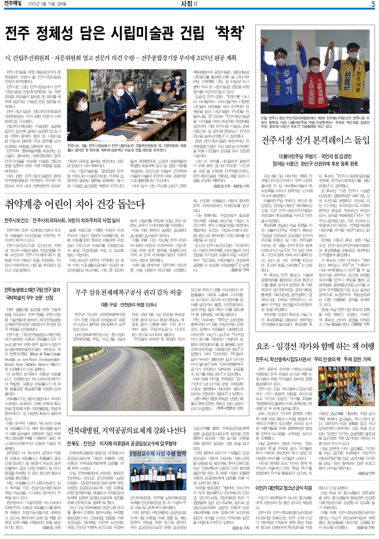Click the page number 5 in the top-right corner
(372, 4)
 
